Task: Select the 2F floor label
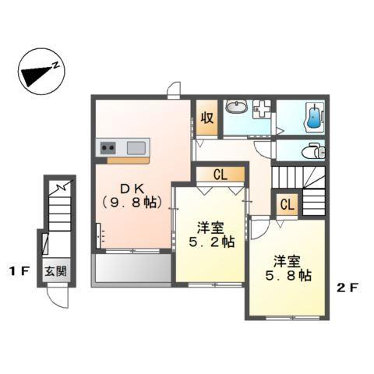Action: pyautogui.click(x=348, y=286)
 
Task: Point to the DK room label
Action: pyautogui.click(x=129, y=188)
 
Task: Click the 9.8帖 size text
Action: pyautogui.click(x=130, y=203)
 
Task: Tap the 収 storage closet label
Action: pyautogui.click(x=206, y=118)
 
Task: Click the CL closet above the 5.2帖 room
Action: pyautogui.click(x=220, y=175)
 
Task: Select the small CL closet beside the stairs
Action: pyautogui.click(x=287, y=205)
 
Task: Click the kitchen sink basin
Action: pyautogui.click(x=137, y=146)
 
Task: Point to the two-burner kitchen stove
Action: pyautogui.click(x=108, y=146)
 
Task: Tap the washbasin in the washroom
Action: pyautogui.click(x=235, y=108)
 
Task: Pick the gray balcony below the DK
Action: pyautogui.click(x=131, y=270)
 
